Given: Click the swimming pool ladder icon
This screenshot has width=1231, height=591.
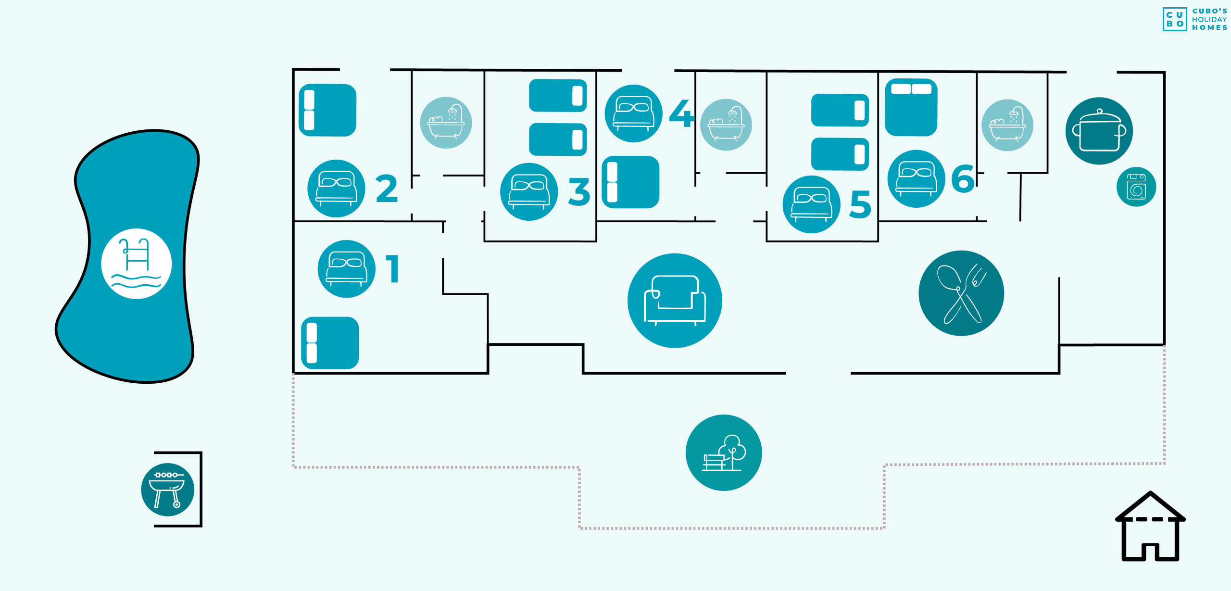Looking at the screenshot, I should (136, 264).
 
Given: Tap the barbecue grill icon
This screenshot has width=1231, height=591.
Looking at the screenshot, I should (167, 490).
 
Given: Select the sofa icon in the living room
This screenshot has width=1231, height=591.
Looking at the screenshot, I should (675, 301).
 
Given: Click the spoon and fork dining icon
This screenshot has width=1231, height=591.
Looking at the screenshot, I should (961, 293).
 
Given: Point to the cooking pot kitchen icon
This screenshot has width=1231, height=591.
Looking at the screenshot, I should (1099, 131).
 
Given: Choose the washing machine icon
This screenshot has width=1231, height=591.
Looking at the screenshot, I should (1136, 187).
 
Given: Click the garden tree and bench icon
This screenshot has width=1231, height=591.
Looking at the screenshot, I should (724, 453).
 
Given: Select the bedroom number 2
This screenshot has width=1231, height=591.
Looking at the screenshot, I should (387, 189).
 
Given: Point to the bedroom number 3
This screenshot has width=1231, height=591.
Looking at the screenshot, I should (579, 192).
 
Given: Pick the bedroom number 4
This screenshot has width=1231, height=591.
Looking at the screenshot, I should (681, 113).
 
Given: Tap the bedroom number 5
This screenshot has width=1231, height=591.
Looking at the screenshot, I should (860, 204).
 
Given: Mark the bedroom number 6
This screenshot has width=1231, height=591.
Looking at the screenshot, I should (963, 179).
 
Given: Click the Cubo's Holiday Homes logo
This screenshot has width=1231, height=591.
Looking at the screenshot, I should (1194, 19).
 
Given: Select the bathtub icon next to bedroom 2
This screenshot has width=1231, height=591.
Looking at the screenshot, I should (446, 123).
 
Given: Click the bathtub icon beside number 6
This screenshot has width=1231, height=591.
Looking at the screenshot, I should (1007, 125).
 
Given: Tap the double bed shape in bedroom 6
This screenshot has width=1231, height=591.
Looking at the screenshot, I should (911, 107).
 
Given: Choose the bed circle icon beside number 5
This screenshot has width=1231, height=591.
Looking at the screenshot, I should (811, 204).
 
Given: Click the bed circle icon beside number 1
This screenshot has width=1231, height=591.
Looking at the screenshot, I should (346, 269).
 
